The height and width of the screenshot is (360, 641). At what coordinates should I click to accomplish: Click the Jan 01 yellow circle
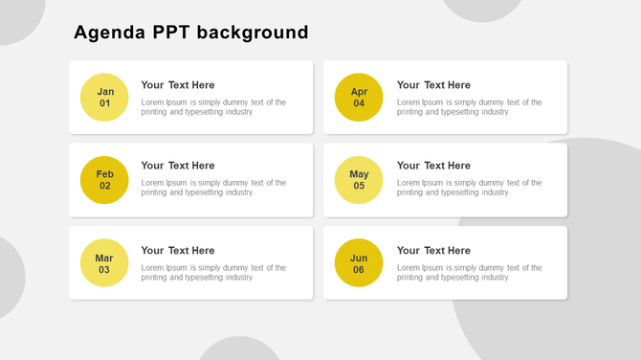104,98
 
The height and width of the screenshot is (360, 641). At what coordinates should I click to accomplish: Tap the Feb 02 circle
104,180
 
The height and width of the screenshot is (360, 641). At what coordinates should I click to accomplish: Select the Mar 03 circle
104,263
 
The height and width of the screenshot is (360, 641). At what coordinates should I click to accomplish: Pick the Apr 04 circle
359,98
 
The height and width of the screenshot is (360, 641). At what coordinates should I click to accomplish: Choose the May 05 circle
359,180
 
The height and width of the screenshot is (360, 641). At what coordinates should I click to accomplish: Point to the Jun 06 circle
359,263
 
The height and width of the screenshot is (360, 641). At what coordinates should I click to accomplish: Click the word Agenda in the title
110,33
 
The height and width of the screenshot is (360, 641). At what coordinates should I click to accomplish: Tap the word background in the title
253,33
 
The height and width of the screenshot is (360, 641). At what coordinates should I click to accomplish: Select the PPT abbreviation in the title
171,33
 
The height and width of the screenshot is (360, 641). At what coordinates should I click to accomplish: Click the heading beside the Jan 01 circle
178,85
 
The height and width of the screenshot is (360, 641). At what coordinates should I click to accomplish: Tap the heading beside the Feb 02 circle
178,166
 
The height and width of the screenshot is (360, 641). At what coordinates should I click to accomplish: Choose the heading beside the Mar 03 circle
178,251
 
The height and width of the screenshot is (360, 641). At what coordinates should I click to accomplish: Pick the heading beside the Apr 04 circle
433,85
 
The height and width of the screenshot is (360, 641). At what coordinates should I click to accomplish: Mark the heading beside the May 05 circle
433,166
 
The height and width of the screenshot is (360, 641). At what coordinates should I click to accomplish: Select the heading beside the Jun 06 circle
433,251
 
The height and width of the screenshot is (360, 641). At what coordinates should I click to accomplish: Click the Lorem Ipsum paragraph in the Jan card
213,107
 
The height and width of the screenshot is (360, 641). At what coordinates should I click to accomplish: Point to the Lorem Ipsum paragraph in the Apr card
469,107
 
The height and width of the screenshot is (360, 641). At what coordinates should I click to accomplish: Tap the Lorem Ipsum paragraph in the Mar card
213,273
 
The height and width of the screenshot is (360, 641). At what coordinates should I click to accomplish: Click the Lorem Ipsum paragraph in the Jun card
469,273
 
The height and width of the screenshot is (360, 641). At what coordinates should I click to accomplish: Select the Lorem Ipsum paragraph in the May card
469,188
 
